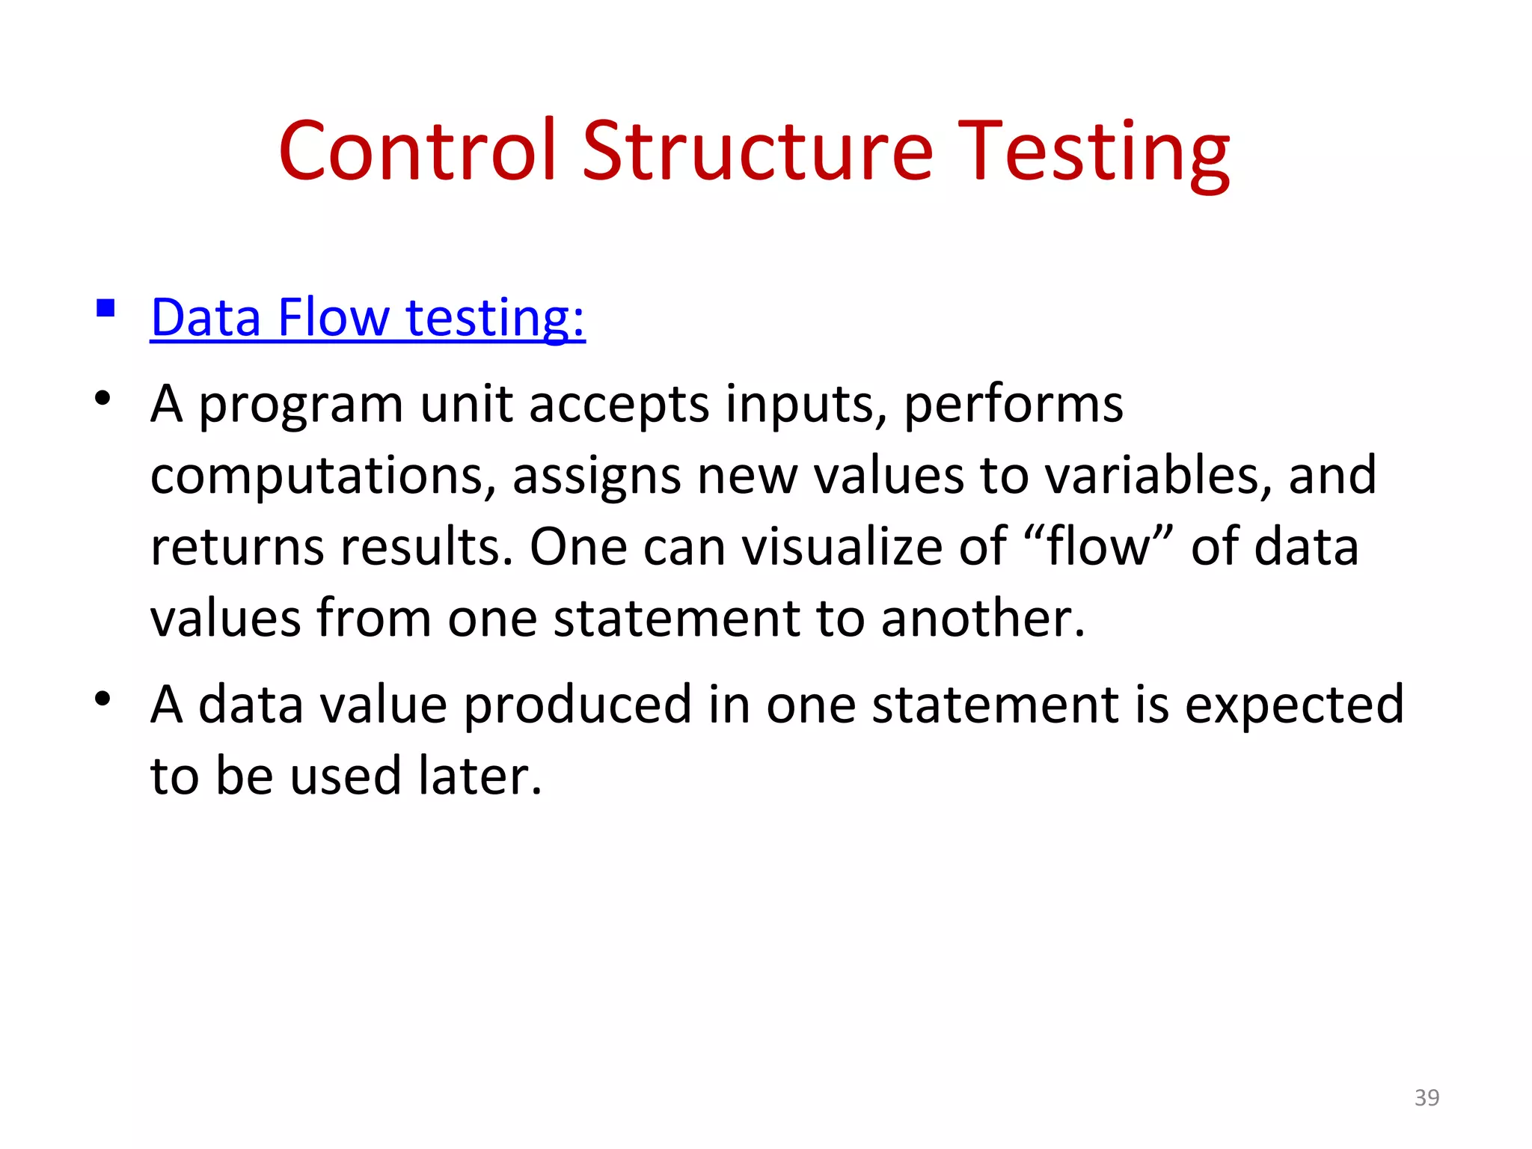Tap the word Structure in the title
pyautogui.click(x=757, y=152)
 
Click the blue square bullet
pyautogui.click(x=105, y=308)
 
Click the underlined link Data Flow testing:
pyautogui.click(x=367, y=318)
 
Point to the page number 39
pyautogui.click(x=1427, y=1097)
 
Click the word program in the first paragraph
pyautogui.click(x=301, y=405)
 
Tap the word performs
pyautogui.click(x=1013, y=405)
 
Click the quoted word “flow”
pyautogui.click(x=1099, y=547)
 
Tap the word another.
pyautogui.click(x=982, y=619)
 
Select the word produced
pyautogui.click(x=577, y=705)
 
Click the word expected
pyautogui.click(x=1294, y=705)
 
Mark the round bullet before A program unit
pyautogui.click(x=102, y=399)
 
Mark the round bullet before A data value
pyautogui.click(x=102, y=699)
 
